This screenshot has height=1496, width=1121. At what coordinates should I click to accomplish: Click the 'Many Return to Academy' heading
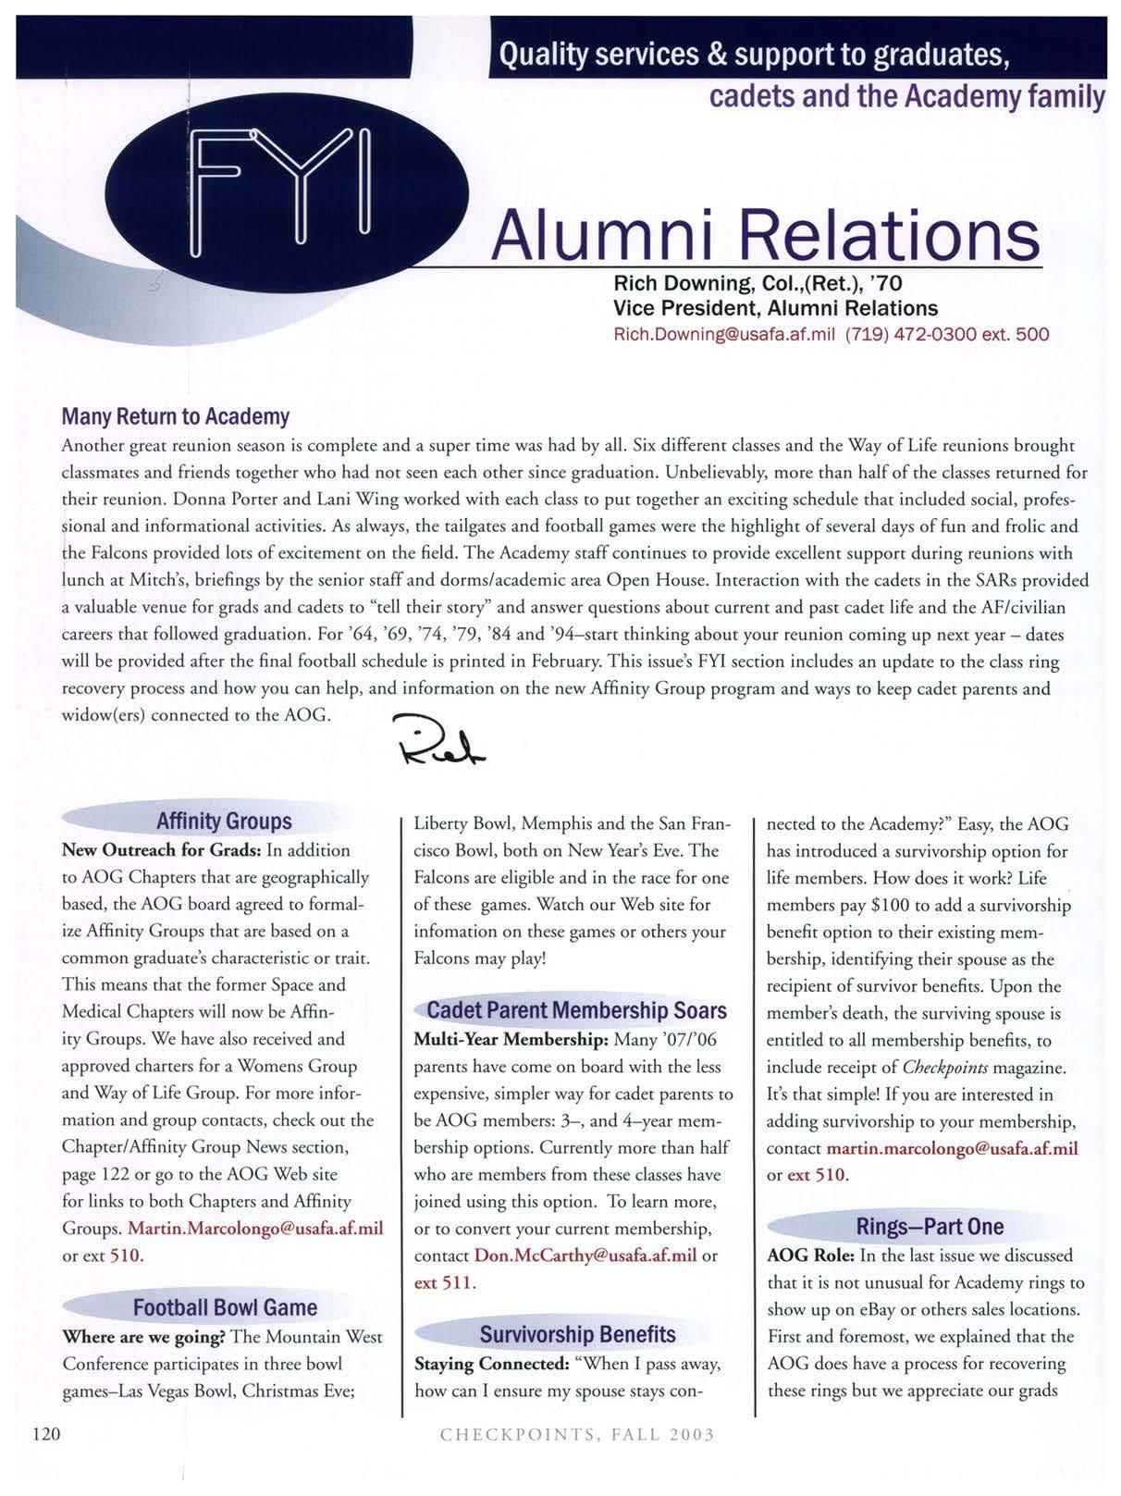[x=175, y=416]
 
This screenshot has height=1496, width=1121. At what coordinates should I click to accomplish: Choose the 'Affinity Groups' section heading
[x=224, y=821]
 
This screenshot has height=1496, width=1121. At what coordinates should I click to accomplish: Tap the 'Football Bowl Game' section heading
[x=225, y=1307]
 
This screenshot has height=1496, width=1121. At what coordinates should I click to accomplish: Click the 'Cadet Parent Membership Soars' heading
[x=576, y=1010]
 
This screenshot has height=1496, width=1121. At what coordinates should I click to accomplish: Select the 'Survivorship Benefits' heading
[x=577, y=1334]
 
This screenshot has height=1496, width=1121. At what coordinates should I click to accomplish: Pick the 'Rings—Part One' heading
[x=930, y=1227]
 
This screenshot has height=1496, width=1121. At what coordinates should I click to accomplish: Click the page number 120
[x=45, y=1434]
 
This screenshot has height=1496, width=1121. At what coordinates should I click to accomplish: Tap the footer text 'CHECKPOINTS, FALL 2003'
[x=577, y=1435]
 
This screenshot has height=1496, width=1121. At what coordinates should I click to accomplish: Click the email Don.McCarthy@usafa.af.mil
[x=585, y=1255]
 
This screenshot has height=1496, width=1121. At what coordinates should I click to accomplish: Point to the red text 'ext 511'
[x=443, y=1282]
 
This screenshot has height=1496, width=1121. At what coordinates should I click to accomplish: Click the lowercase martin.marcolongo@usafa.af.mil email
[x=952, y=1148]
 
